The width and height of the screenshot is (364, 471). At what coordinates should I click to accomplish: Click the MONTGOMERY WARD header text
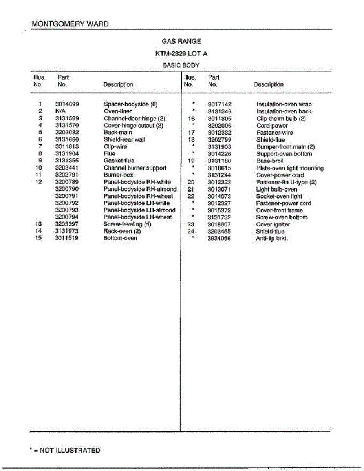70,24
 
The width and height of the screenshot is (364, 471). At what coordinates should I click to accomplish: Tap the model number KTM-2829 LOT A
181,53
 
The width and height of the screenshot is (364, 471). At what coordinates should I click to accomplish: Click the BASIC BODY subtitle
181,66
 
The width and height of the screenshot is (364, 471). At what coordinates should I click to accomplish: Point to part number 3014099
67,104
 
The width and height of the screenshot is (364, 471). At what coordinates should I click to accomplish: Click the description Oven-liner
117,111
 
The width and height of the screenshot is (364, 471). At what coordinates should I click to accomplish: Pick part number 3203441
67,168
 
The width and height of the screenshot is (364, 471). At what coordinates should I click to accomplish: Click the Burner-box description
118,175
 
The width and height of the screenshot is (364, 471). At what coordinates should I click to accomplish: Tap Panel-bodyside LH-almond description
139,210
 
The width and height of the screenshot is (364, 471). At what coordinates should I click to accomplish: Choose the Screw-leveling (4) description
127,225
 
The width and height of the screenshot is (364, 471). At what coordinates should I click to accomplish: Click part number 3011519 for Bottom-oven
67,238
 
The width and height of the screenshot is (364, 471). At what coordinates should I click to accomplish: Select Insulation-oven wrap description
284,104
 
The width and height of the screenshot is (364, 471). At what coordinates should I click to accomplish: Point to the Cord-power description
272,126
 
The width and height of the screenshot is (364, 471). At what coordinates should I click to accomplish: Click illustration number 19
191,161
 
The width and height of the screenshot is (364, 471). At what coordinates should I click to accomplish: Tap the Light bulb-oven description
276,189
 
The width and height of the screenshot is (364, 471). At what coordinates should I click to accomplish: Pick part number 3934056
219,238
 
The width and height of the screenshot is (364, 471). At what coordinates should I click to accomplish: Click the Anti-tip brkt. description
272,238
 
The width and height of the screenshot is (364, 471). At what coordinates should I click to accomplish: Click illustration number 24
191,232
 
